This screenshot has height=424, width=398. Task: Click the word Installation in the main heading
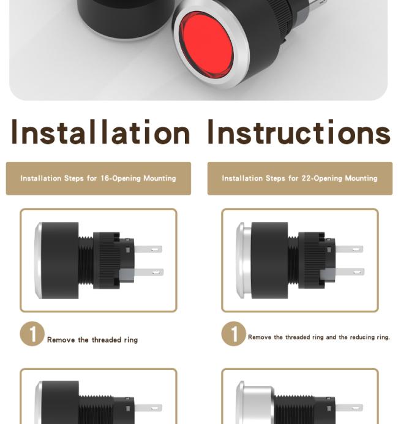point(101,132)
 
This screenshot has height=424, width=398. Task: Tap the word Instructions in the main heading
point(299,132)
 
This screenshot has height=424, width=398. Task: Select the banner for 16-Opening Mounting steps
point(99,178)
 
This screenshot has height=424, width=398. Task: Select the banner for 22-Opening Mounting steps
point(300,178)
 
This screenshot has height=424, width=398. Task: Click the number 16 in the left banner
point(105,178)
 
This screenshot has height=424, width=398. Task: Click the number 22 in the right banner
point(306,178)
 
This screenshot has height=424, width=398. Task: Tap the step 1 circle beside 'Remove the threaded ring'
point(32,334)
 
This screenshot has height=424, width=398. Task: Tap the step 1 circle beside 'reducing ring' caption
point(234,334)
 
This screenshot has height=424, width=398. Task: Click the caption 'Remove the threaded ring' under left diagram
point(92,340)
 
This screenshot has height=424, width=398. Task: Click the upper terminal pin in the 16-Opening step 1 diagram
point(148,249)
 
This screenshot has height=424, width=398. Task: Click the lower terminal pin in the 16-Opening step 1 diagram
point(149,272)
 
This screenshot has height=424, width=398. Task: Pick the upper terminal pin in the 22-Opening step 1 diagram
point(350,249)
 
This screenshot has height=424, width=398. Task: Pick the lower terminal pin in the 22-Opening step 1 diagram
point(350,272)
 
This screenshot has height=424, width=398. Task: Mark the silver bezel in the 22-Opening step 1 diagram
point(243,260)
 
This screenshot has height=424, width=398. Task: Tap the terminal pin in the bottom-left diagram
point(148,408)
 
